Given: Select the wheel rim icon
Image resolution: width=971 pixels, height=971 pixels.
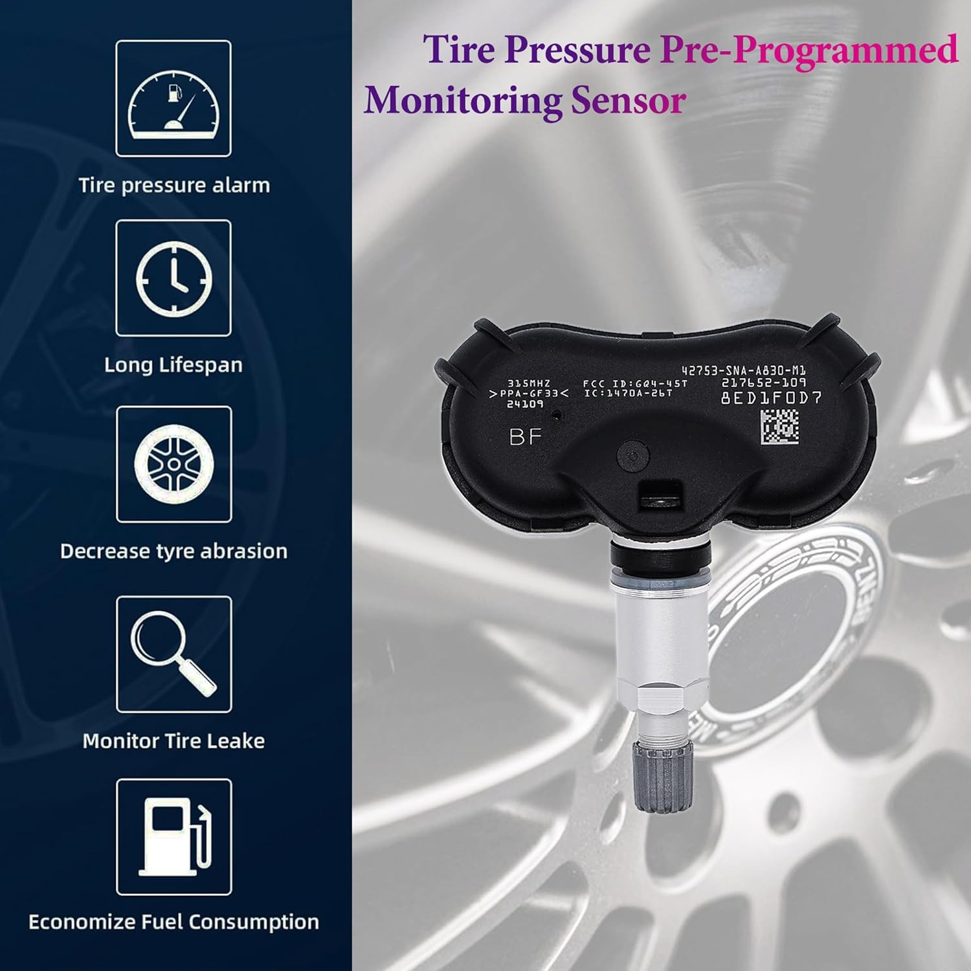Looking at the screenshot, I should coord(173,464).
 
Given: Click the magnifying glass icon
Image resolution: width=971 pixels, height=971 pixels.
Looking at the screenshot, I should coord(173,654).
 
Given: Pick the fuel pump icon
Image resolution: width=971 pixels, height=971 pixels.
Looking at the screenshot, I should coord(173,837).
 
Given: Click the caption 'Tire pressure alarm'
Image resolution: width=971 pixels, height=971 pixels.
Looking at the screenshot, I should coord(173,185).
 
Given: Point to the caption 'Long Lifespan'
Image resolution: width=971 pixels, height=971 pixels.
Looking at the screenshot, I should coord(173,365).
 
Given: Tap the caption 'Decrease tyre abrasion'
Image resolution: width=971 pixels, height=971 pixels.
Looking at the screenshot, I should coord(173,551).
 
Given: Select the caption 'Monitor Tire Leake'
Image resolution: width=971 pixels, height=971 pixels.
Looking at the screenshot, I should coord(173,741).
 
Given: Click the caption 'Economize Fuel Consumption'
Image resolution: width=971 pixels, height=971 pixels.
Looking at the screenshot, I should coord(173,922).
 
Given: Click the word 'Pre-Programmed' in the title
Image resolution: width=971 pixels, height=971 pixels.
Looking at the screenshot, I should coord(808,50).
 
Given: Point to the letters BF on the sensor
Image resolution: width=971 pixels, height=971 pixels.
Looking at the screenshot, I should coord(525,437).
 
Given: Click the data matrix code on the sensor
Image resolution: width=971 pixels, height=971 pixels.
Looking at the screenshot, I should coord(779,425).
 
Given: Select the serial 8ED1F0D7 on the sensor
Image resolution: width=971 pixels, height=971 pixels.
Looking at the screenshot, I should coord(770,397).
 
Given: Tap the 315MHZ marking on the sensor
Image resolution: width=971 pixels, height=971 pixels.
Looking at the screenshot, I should coord(528,383).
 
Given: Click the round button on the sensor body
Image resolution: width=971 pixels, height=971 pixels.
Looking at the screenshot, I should coord(633,455).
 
